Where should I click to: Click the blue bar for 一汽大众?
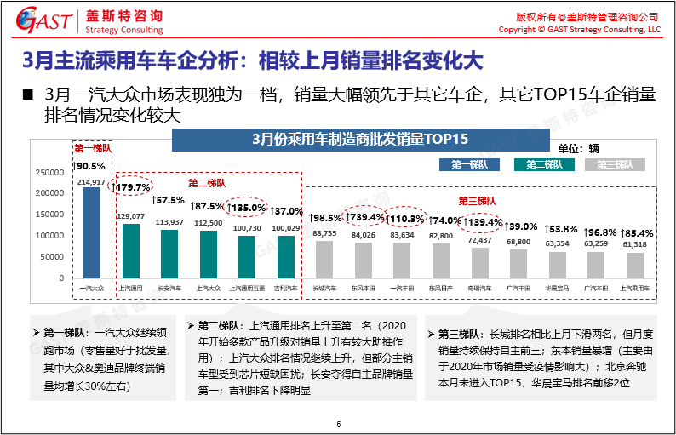click(x=91, y=232)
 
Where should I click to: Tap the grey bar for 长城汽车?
click(x=324, y=259)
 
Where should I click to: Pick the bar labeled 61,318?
click(x=634, y=265)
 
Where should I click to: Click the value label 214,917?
click(x=91, y=182)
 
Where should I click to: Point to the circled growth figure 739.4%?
click(x=364, y=218)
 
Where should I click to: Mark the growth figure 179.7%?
click(x=132, y=186)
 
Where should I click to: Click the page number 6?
click(x=338, y=425)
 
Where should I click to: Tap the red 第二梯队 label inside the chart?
click(x=209, y=182)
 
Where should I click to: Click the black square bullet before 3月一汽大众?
click(x=26, y=94)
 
